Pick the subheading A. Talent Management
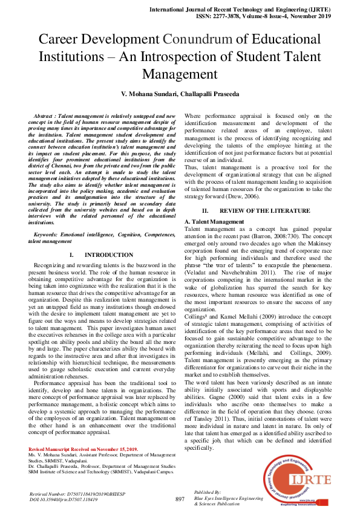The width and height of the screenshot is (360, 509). (x=214, y=222)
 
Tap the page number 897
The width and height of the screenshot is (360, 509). (x=180, y=499)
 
